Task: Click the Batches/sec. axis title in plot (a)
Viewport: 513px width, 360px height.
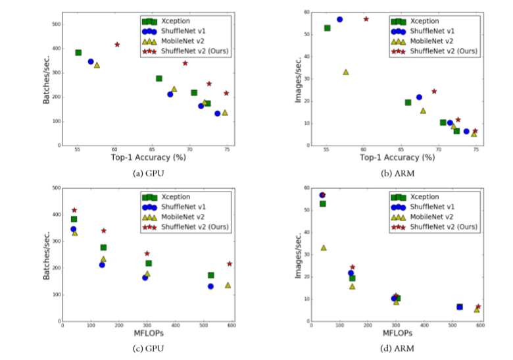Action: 47,79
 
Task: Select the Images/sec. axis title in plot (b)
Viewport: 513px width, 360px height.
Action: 297,79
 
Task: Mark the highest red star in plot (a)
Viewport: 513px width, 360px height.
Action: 117,45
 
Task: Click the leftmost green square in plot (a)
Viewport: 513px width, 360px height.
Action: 78,53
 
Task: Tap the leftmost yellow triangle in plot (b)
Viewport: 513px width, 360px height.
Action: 345,72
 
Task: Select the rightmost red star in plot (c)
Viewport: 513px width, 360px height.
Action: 230,264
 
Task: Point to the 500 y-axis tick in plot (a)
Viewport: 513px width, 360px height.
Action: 57,24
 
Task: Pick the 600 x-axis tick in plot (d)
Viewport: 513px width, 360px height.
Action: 481,326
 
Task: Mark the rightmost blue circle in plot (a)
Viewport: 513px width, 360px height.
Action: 217,114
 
